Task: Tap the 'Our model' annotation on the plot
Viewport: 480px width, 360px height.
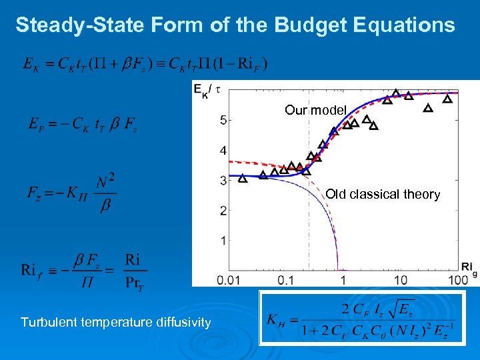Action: [x=316, y=110]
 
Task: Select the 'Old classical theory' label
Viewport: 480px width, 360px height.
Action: [x=383, y=194]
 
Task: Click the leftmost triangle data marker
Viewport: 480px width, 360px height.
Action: [x=243, y=178]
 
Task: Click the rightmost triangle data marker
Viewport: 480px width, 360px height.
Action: [x=447, y=99]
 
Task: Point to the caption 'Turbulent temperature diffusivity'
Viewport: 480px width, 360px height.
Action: [x=116, y=323]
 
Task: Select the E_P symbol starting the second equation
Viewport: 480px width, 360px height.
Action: [x=37, y=124]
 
